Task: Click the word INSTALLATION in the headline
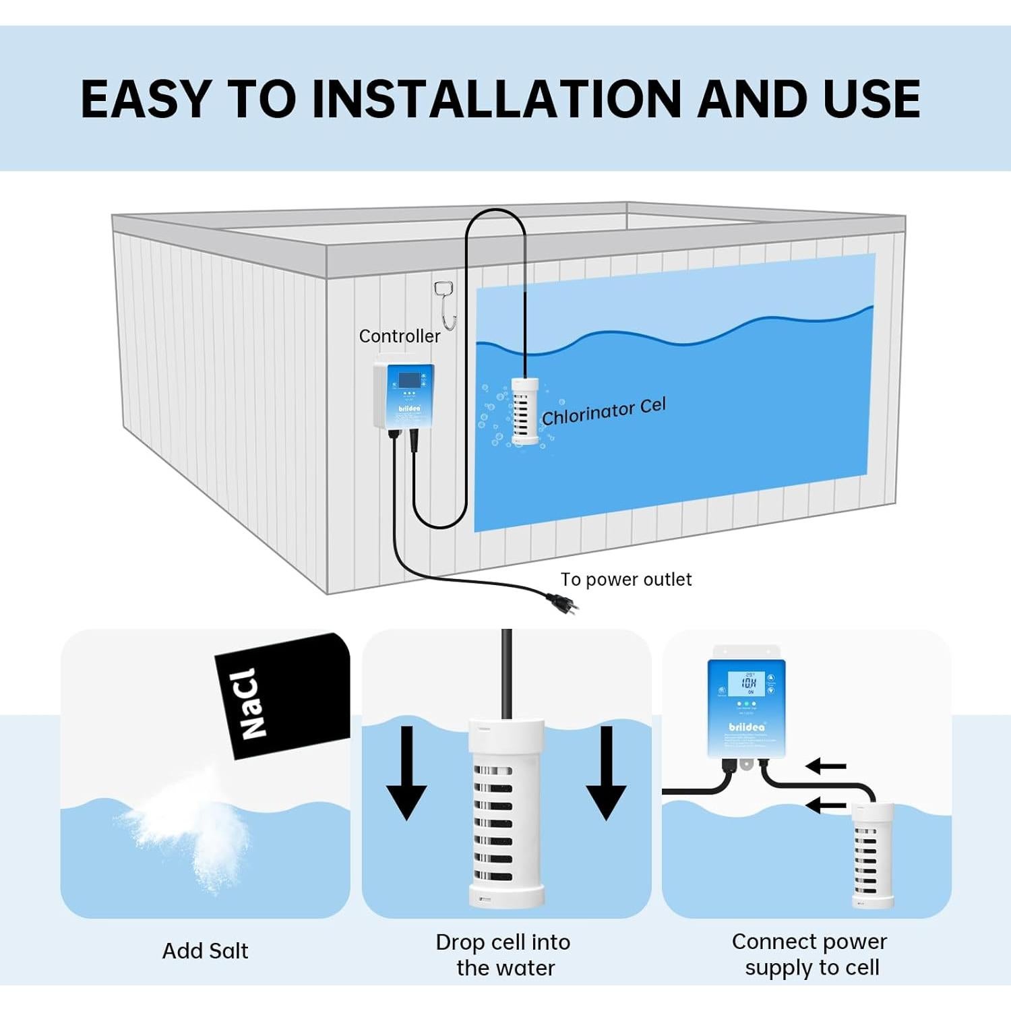point(497,99)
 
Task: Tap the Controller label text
point(399,336)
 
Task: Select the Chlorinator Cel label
point(603,412)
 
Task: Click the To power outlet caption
point(625,580)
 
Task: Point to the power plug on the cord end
point(562,601)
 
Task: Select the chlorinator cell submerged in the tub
point(525,410)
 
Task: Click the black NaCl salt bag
point(283,694)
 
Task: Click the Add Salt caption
point(205,951)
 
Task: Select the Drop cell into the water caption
point(503,954)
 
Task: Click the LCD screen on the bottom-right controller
point(748,683)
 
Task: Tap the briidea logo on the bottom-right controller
point(747,727)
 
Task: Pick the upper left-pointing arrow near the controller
point(826,766)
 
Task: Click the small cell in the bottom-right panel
point(872,855)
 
